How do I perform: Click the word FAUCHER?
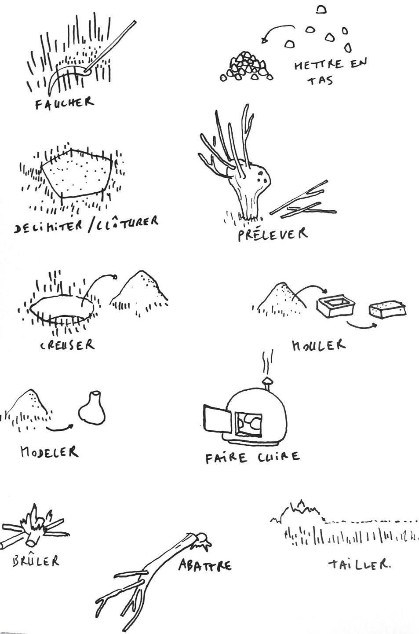(x=64, y=103)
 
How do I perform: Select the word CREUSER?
(x=67, y=345)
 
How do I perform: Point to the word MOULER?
(x=319, y=345)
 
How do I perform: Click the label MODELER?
(x=49, y=452)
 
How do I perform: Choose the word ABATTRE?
(x=205, y=565)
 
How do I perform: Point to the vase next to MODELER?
(x=91, y=407)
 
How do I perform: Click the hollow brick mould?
(x=335, y=306)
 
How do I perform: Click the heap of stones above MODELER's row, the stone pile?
(x=247, y=67)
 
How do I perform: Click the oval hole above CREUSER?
(x=62, y=308)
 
